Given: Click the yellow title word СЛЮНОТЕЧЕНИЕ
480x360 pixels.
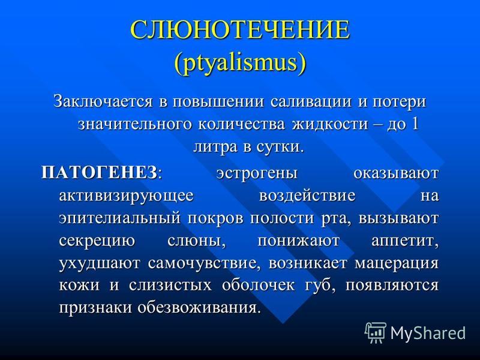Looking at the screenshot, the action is [x=240, y=29].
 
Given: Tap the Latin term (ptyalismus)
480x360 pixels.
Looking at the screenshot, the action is [x=240, y=64].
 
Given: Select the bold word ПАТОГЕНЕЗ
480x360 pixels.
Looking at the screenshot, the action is [x=100, y=173].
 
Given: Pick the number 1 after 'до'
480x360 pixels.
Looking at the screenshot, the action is [x=414, y=124].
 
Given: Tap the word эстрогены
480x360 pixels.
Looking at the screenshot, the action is [x=257, y=174].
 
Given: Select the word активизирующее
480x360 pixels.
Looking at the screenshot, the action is [x=126, y=196].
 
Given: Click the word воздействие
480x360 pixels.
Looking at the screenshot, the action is [x=307, y=196].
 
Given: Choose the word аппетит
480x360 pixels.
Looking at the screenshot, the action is [x=405, y=241].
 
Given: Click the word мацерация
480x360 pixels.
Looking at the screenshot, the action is [x=397, y=263].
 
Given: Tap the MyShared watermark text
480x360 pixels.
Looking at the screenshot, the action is [x=428, y=333].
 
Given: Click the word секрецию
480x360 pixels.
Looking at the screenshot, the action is [x=97, y=242].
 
